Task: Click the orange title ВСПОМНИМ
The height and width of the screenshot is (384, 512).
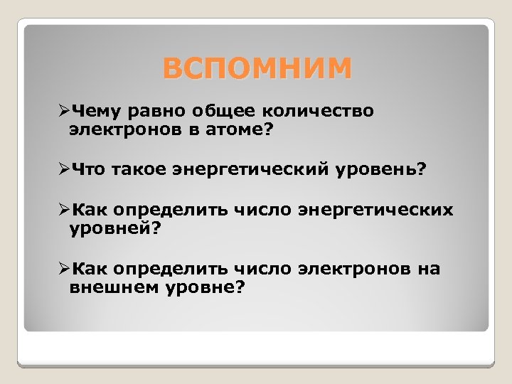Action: pyautogui.click(x=256, y=69)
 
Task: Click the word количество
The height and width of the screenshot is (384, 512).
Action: pyautogui.click(x=319, y=112)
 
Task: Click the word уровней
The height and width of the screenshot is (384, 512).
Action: pyautogui.click(x=116, y=229)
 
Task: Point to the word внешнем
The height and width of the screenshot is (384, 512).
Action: pyautogui.click(x=114, y=288)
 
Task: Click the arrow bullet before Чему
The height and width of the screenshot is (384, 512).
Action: pyautogui.click(x=63, y=112)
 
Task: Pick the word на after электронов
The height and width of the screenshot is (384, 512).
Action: pyautogui.click(x=430, y=270)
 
